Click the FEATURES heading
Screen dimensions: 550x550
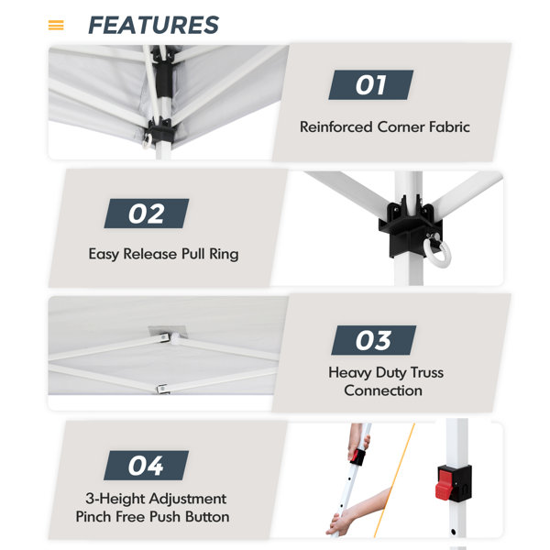[154, 26]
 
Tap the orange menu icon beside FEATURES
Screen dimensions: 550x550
[56, 26]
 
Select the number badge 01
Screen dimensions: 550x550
[370, 85]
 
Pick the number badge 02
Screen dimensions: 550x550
[147, 214]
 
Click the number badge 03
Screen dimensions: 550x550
[374, 340]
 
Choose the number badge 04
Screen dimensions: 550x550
[146, 466]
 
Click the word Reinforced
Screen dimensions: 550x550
[336, 127]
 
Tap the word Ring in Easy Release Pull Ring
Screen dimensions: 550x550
[224, 254]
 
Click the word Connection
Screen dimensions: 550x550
[383, 390]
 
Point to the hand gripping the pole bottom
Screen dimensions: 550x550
[339, 523]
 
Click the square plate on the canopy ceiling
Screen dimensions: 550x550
[168, 332]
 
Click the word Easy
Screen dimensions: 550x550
[104, 254]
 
